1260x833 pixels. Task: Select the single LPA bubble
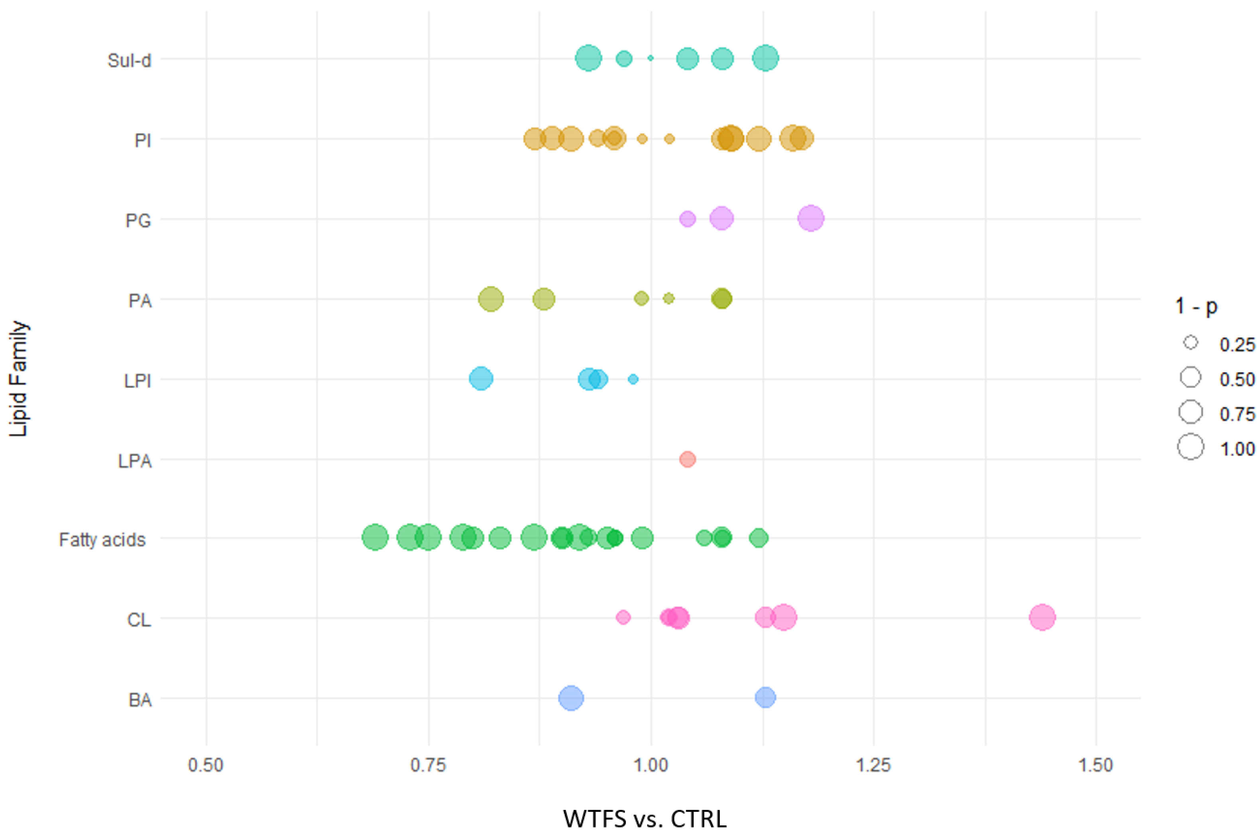(x=687, y=459)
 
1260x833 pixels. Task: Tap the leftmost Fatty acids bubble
(x=375, y=538)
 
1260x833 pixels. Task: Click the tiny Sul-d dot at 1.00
(x=651, y=58)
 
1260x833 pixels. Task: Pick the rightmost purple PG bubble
(x=811, y=218)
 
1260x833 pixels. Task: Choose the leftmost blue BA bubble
(x=571, y=697)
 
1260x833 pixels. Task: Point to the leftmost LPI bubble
(x=481, y=379)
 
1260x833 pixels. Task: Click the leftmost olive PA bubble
(x=491, y=299)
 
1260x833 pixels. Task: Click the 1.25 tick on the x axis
(x=873, y=765)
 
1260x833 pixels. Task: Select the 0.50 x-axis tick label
(x=206, y=765)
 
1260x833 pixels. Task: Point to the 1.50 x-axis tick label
(x=1095, y=765)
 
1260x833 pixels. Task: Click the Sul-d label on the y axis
(x=130, y=61)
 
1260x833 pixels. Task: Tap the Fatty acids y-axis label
(x=102, y=540)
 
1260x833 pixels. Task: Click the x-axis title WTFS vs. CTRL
(x=644, y=819)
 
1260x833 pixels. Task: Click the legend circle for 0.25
(x=1190, y=343)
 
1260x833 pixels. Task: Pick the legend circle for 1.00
(x=1190, y=447)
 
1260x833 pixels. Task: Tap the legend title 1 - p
(x=1196, y=306)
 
